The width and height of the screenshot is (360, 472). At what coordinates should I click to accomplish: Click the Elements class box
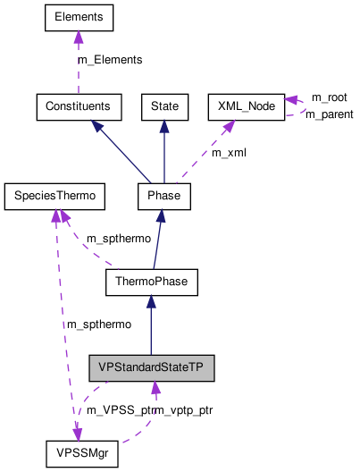coord(78,17)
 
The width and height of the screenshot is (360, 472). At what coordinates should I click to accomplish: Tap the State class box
coord(163,106)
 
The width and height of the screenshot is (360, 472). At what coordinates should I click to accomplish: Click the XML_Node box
coord(246,106)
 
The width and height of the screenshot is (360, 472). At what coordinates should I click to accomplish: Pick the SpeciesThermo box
coord(54,194)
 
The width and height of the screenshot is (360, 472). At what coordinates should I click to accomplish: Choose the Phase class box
coord(163,194)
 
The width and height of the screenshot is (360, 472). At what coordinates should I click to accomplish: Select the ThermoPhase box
coord(151,282)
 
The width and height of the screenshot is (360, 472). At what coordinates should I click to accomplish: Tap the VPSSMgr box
coord(81,453)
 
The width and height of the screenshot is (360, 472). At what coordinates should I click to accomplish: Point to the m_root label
coord(329,97)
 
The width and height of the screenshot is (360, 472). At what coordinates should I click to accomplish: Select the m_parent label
coord(329,114)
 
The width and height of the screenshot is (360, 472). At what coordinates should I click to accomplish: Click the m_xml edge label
coord(229,153)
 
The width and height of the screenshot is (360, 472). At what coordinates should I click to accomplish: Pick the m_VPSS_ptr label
coord(115,409)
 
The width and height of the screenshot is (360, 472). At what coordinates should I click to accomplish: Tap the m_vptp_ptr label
coord(185,409)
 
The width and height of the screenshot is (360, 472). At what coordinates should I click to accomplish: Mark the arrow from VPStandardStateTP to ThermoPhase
coord(151,326)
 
